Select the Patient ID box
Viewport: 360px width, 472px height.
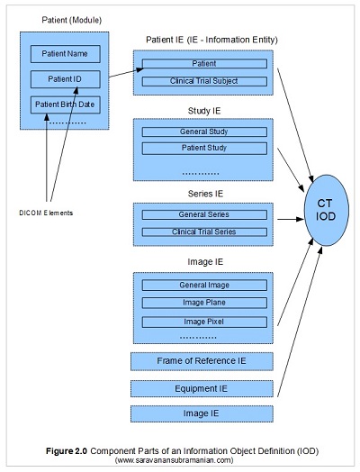65,79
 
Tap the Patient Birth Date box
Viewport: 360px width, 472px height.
65,103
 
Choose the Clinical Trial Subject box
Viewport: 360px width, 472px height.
204,80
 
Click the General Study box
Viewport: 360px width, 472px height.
204,132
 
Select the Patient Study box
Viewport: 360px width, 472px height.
204,146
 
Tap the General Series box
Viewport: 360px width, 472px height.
204,214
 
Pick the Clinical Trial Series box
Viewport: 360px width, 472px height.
204,231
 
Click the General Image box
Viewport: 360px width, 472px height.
204,285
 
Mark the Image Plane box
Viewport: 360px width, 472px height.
204,303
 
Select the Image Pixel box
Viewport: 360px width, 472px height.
204,321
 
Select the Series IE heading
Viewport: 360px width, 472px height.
204,195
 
